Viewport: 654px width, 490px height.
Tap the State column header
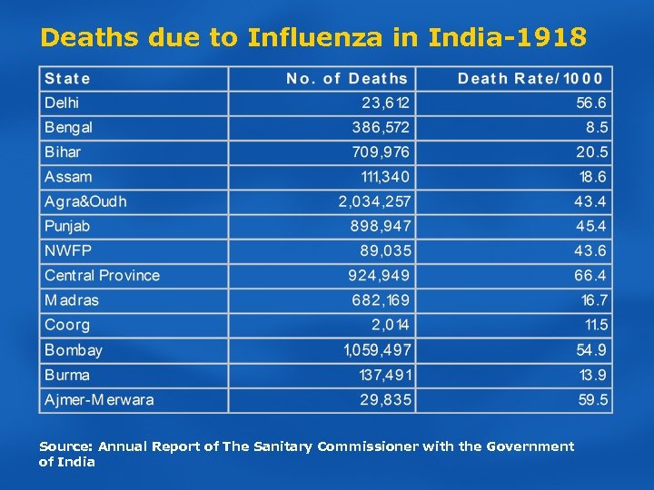click(x=67, y=79)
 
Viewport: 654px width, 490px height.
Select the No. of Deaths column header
click(x=347, y=79)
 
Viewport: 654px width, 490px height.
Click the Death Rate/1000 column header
click(x=530, y=79)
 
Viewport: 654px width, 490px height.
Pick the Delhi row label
click(x=62, y=103)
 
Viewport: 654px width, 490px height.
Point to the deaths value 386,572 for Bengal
click(x=381, y=128)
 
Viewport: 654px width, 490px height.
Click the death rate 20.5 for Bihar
click(x=591, y=152)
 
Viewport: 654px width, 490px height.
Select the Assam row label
click(x=68, y=177)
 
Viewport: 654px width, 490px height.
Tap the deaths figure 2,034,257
click(x=374, y=201)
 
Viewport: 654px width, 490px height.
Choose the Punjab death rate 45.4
click(x=590, y=226)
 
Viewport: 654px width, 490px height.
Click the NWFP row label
click(x=68, y=250)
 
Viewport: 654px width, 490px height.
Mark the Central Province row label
click(x=102, y=275)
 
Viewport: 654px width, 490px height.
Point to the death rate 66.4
click(x=590, y=275)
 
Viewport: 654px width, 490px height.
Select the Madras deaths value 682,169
click(x=381, y=300)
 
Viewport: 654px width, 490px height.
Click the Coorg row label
click(x=67, y=325)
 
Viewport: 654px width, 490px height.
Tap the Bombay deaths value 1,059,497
click(x=377, y=350)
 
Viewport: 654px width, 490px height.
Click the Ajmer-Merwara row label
click(x=99, y=399)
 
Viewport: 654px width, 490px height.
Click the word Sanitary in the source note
click(x=278, y=446)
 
